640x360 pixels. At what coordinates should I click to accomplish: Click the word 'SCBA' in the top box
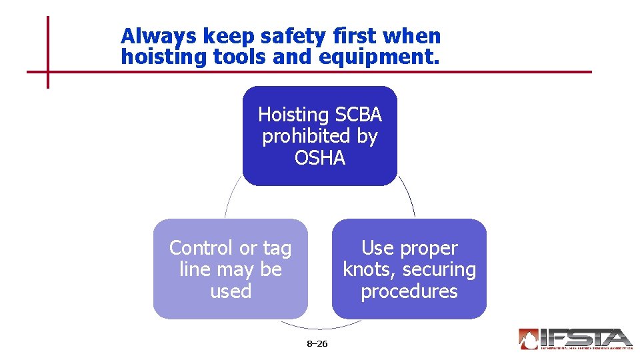(x=358, y=115)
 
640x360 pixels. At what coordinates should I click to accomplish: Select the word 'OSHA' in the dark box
(x=320, y=158)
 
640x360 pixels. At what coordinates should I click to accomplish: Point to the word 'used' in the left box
(x=231, y=291)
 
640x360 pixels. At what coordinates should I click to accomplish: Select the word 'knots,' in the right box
(x=369, y=270)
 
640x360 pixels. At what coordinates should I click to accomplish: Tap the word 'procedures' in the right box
(x=409, y=291)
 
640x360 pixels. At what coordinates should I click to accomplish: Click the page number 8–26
(x=317, y=344)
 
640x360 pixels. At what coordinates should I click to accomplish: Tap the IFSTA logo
(x=574, y=339)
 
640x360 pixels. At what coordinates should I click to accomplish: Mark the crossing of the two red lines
(x=48, y=71)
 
